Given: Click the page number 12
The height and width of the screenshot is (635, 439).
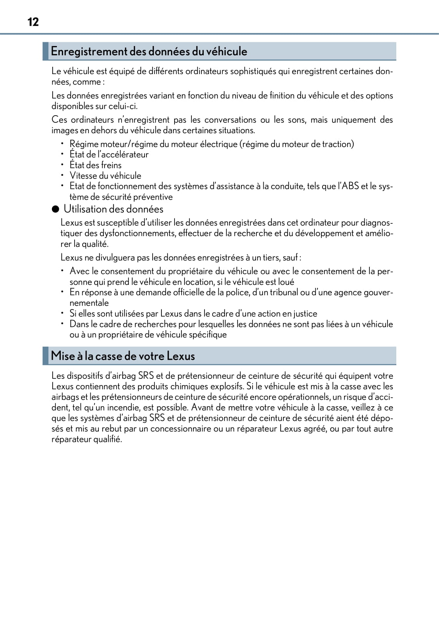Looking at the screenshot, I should (x=33, y=22).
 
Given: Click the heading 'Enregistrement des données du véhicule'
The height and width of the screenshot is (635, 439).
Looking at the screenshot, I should (x=149, y=51).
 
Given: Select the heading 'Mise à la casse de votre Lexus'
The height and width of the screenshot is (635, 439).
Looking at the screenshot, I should (x=123, y=356).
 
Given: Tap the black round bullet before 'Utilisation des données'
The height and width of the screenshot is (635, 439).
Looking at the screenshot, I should (x=56, y=209).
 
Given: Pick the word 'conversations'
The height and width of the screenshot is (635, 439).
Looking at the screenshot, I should (x=230, y=120).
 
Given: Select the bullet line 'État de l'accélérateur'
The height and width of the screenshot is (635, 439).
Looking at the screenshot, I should (x=109, y=154).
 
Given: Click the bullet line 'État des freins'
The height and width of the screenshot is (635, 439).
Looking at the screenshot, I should (x=95, y=165).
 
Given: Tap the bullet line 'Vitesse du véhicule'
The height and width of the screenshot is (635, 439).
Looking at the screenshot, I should (x=105, y=176).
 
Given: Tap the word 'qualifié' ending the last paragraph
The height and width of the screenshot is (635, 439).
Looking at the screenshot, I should (x=108, y=439).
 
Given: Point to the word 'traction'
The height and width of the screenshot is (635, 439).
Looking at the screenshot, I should (x=338, y=144).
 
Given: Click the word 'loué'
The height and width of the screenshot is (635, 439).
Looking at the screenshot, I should (x=286, y=282).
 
